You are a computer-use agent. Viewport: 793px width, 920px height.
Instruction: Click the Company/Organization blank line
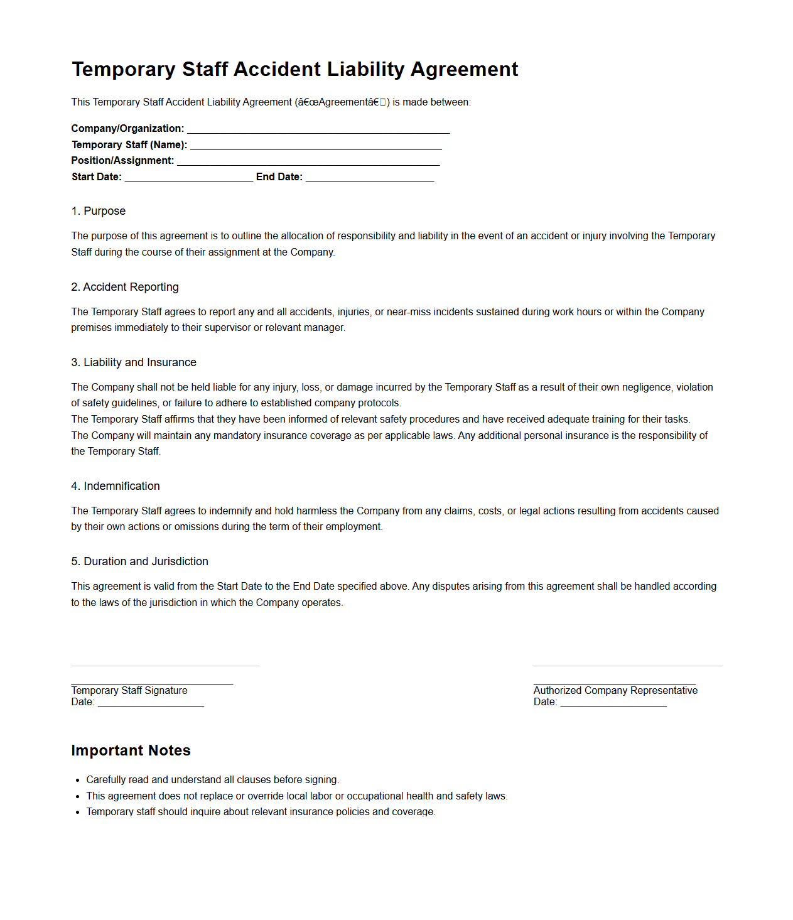click(x=318, y=129)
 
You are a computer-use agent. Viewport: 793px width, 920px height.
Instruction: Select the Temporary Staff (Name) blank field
click(x=316, y=146)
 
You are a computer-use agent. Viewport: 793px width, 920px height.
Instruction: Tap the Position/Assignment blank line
click(x=308, y=161)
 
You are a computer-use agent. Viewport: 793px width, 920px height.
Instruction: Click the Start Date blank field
click(x=188, y=178)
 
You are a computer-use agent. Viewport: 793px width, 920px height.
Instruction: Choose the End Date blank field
click(x=370, y=178)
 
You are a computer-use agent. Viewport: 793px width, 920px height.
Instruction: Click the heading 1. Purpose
click(x=99, y=211)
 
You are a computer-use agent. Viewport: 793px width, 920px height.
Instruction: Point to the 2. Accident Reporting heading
click(x=125, y=287)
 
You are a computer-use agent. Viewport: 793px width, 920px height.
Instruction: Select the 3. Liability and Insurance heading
click(x=134, y=362)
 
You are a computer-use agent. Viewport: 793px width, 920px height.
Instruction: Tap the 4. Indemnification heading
click(x=116, y=486)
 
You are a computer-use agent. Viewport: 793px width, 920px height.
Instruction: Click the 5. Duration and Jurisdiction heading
click(x=140, y=561)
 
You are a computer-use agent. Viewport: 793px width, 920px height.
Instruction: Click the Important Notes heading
click(x=131, y=750)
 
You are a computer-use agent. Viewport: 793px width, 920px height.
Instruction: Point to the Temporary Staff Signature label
click(x=129, y=691)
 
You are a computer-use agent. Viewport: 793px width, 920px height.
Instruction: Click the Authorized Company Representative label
click(x=615, y=691)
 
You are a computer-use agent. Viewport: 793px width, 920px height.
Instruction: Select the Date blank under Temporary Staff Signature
click(x=151, y=703)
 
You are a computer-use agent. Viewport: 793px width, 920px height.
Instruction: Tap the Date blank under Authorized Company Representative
click(x=613, y=703)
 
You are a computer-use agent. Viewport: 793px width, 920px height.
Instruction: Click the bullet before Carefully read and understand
click(x=78, y=781)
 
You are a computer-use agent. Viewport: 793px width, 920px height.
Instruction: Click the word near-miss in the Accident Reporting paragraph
click(x=408, y=312)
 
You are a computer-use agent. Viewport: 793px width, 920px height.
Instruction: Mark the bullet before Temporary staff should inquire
click(x=78, y=813)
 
